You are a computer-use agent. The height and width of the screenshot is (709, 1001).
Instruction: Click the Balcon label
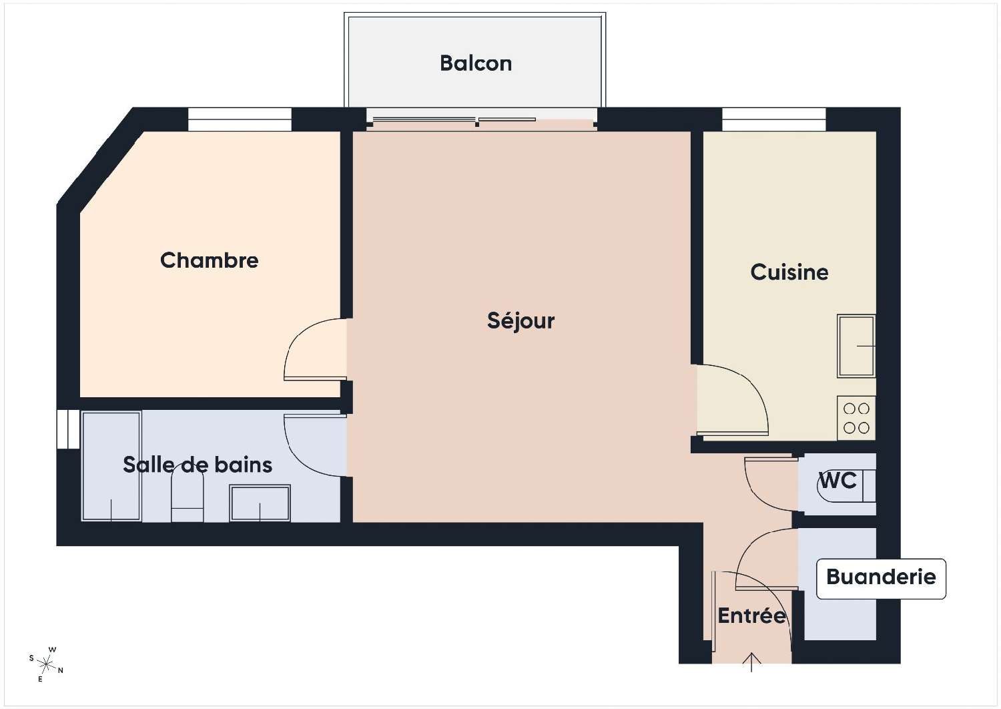tap(475, 63)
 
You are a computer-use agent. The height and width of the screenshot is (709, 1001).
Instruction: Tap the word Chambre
tap(209, 260)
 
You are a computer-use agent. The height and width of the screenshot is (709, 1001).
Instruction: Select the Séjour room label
tap(521, 321)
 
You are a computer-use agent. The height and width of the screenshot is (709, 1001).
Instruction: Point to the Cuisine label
tap(789, 272)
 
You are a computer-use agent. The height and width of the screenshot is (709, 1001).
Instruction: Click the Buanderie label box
tap(881, 578)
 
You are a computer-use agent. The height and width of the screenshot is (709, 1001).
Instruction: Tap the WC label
tap(837, 480)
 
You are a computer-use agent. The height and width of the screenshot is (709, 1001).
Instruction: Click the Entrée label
tap(751, 616)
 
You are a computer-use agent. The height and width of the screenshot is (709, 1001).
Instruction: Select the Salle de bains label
tap(198, 465)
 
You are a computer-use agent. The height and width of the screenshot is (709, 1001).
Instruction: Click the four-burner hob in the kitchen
tap(856, 419)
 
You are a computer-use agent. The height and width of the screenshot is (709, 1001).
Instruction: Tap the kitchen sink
tap(856, 346)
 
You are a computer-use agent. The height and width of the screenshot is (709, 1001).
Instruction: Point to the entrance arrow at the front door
tap(752, 662)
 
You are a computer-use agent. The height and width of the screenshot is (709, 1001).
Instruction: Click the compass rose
tap(46, 664)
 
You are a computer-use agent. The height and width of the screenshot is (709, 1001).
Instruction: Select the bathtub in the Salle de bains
tap(111, 466)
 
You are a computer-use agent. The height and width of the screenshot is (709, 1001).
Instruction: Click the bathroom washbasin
tap(260, 503)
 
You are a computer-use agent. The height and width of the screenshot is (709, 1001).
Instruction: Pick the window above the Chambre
tap(240, 120)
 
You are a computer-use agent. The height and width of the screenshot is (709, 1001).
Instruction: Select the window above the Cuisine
tap(773, 120)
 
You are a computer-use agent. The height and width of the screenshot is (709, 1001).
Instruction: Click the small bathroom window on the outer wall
tap(67, 428)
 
